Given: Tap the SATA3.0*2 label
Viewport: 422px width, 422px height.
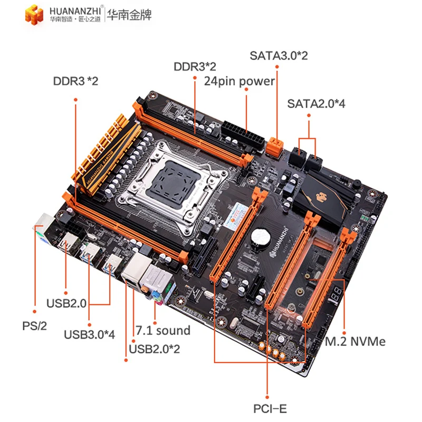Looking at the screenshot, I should tap(278, 55).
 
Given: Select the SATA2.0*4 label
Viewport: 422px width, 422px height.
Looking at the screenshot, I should tap(316, 103).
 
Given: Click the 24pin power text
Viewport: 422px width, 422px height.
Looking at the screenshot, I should tap(239, 81).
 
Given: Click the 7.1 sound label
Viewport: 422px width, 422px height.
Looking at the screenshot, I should tap(162, 331).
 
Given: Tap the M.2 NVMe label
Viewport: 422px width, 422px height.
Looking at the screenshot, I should tap(355, 341).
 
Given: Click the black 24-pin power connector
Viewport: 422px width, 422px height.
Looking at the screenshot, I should tap(239, 135).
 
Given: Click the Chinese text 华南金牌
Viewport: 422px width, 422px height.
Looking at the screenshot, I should tap(129, 15).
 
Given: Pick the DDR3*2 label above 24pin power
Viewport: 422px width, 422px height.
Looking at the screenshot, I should tap(195, 66).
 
